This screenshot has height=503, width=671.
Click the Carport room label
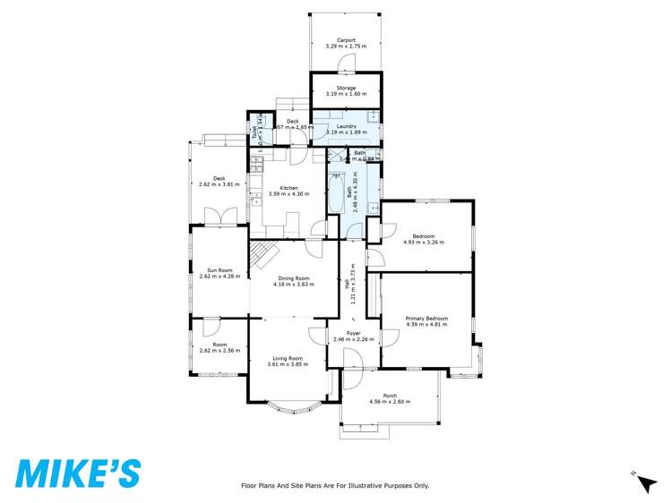tap(346, 40)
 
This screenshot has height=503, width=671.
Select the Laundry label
tap(346, 127)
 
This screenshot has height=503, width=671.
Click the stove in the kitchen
tap(255, 166)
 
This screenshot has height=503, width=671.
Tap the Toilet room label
tap(254, 134)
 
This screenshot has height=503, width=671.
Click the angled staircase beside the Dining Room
tap(260, 255)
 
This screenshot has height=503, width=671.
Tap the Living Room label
tap(288, 358)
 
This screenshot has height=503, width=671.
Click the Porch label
tap(390, 396)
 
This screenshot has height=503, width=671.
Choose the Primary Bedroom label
tap(426, 318)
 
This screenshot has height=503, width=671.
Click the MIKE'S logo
tap(77, 473)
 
